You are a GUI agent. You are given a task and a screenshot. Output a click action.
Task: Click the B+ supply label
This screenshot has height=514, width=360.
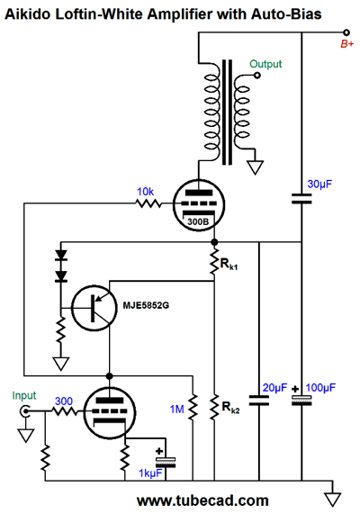(x=347, y=44)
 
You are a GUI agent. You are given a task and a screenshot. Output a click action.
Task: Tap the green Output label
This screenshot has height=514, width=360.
(x=265, y=64)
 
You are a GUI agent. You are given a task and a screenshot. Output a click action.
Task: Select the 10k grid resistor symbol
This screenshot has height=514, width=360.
(x=148, y=203)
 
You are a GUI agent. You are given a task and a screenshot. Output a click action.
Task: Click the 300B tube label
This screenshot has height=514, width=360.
(x=198, y=221)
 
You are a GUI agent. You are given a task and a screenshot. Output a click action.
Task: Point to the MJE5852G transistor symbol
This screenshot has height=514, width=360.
(x=94, y=308)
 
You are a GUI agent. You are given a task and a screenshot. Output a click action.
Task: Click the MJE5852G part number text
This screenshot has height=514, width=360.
(x=146, y=305)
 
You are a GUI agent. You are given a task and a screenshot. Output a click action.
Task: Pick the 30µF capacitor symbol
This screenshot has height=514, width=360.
(x=301, y=198)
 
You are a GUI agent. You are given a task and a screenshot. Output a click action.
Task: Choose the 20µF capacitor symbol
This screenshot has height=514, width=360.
(x=259, y=401)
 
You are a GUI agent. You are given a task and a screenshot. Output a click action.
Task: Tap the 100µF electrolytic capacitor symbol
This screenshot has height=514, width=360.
(x=301, y=400)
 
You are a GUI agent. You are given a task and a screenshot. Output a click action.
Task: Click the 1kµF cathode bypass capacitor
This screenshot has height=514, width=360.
(x=166, y=462)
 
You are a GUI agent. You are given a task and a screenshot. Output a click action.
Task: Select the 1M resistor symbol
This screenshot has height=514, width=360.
(x=193, y=407)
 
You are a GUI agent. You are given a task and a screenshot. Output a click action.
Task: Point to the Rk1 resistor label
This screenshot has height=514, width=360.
(x=229, y=264)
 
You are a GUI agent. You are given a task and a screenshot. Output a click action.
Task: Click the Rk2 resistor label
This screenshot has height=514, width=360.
(x=230, y=408)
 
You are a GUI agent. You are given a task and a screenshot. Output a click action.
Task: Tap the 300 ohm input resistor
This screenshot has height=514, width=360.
(x=65, y=411)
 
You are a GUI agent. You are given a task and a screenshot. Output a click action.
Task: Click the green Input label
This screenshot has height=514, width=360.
(x=24, y=395)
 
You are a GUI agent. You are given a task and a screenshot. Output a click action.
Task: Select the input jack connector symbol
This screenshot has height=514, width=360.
(x=25, y=411)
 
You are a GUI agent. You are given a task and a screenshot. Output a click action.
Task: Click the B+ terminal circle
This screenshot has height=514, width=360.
(x=346, y=32)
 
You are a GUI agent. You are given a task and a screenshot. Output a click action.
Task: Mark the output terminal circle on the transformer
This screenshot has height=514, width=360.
(x=257, y=76)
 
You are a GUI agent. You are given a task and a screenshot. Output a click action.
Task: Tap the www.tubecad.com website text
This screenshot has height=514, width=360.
(x=203, y=500)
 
